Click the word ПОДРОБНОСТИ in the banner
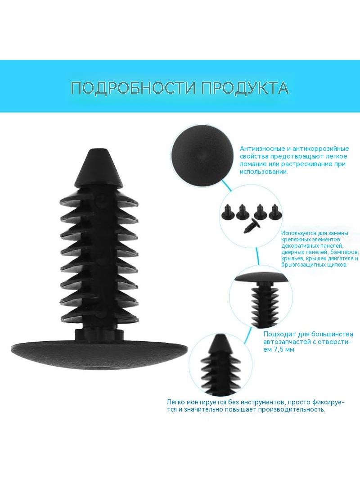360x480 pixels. (x=133, y=88)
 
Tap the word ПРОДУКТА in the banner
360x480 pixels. (x=245, y=88)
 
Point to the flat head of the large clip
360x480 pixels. (x=99, y=355)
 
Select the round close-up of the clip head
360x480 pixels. (x=201, y=155)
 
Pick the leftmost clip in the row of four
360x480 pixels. (x=228, y=212)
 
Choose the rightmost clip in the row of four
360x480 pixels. (x=275, y=212)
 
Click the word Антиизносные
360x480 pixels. (x=262, y=149)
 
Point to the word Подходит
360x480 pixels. (x=278, y=334)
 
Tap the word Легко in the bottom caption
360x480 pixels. (x=175, y=402)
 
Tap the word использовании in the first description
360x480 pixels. (x=264, y=172)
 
